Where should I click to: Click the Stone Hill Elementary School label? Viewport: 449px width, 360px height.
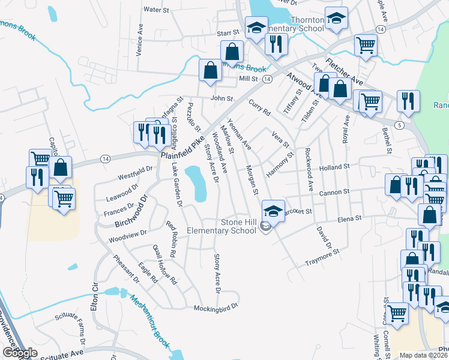click(x=222, y=226)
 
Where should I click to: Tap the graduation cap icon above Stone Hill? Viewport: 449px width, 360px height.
click(x=273, y=211)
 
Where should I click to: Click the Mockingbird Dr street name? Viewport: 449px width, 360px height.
click(x=216, y=308)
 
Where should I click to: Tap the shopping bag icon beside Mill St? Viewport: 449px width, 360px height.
click(x=211, y=71)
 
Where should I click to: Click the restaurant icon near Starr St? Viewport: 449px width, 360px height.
click(x=276, y=44)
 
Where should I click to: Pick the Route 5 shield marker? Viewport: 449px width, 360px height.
click(x=399, y=124)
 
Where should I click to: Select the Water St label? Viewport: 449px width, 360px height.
click(x=155, y=10)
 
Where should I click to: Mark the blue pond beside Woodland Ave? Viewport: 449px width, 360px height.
click(x=196, y=184)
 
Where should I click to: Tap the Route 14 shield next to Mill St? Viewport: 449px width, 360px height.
click(x=267, y=79)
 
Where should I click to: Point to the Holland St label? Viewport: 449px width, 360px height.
click(x=335, y=167)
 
